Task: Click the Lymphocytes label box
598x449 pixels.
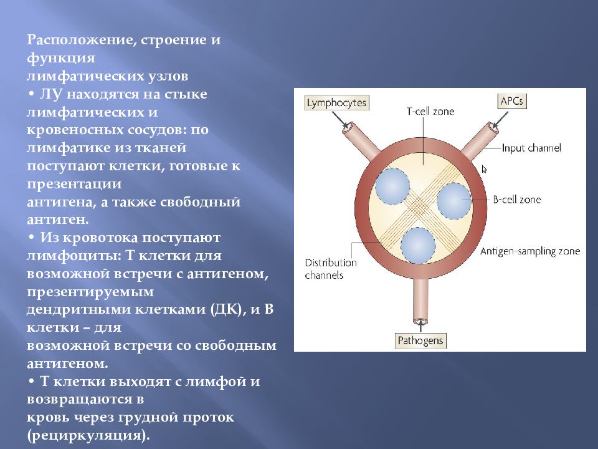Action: [x=336, y=103]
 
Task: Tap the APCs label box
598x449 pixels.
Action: [x=512, y=101]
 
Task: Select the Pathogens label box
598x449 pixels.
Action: [x=420, y=340]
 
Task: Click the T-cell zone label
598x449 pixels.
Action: [x=430, y=112]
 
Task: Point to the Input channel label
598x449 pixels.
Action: [x=531, y=148]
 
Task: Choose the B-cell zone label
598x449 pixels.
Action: [x=517, y=200]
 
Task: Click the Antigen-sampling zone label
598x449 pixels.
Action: [x=530, y=251]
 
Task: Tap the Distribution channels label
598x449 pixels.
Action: [x=331, y=269]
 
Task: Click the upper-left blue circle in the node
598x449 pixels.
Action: [x=392, y=186]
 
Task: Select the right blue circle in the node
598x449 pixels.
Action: [x=454, y=201]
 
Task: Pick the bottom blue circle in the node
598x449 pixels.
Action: [x=418, y=246]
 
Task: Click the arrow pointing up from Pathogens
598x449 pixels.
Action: [x=420, y=326]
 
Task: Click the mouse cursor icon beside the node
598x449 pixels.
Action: [x=485, y=169]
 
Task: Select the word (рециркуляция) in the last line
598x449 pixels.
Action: [x=88, y=436]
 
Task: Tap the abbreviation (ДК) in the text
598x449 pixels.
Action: [x=228, y=309]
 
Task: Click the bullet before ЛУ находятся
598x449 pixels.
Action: [x=31, y=94]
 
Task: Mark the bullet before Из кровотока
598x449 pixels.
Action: [x=31, y=238]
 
